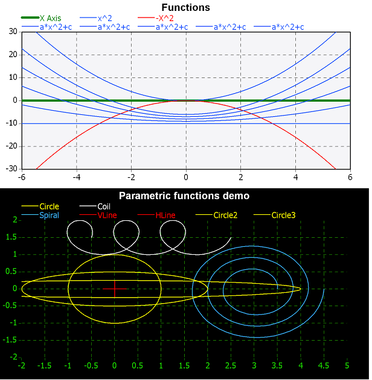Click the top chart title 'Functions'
tap(185, 8)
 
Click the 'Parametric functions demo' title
tap(184, 196)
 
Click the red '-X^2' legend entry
tap(164, 18)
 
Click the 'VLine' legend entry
tap(107, 215)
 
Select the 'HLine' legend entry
tap(165, 215)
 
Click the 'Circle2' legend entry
tap(225, 215)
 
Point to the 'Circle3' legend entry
tap(283, 215)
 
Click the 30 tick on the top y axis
tap(12, 31)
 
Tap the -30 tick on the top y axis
tap(10, 169)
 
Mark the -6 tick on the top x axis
tap(22, 177)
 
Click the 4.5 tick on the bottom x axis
tap(324, 366)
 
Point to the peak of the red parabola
tap(186, 100)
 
